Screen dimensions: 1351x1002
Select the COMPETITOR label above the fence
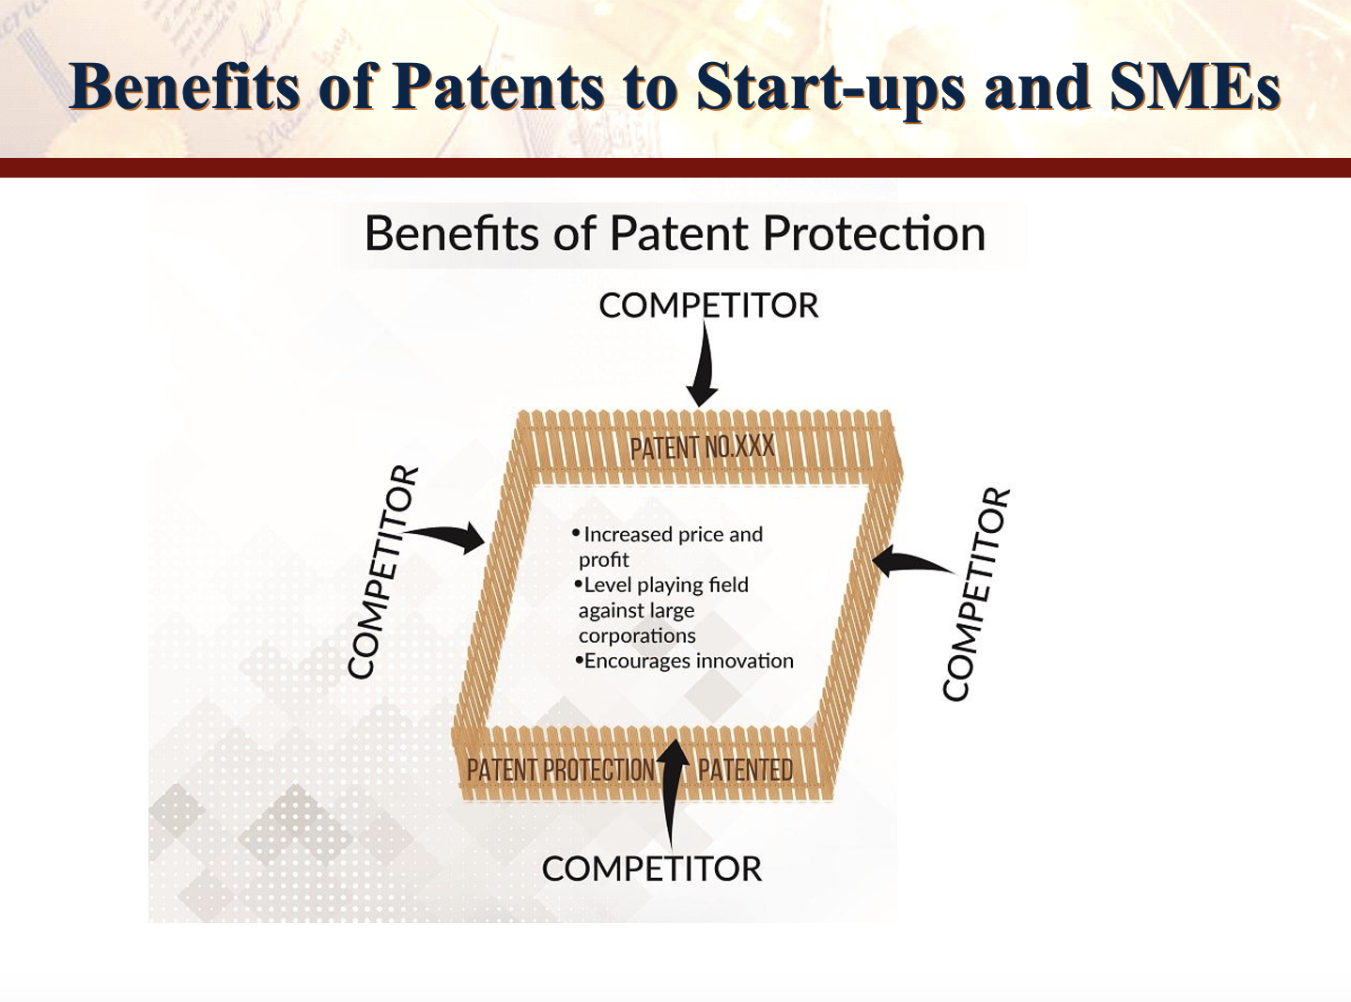(x=708, y=305)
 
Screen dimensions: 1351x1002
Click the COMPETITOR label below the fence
(x=652, y=869)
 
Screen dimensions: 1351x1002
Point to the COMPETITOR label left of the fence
(x=383, y=571)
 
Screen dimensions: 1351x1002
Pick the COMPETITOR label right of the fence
(x=976, y=594)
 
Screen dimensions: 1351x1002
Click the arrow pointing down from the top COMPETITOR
(x=704, y=364)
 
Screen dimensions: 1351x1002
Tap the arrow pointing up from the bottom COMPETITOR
(x=673, y=792)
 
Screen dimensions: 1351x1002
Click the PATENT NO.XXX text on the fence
(x=703, y=448)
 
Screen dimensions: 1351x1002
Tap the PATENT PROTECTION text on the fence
(x=560, y=770)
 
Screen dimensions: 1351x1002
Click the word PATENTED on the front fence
(x=745, y=770)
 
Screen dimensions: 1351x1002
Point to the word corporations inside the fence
(x=637, y=635)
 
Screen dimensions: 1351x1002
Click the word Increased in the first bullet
(x=628, y=535)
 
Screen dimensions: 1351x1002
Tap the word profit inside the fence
(x=603, y=560)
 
